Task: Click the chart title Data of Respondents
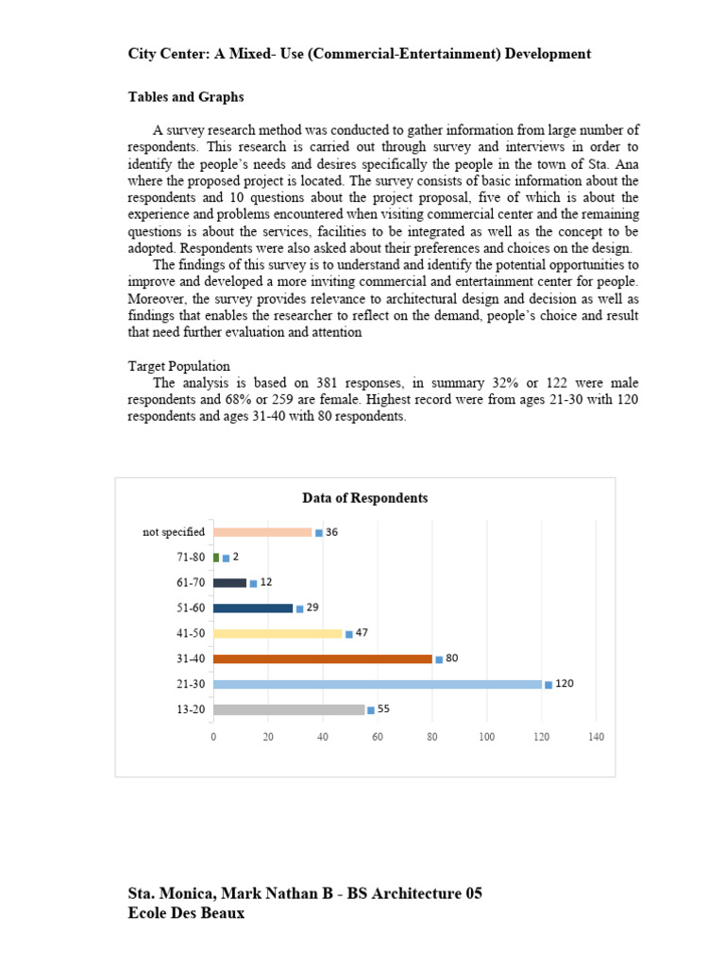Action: click(364, 498)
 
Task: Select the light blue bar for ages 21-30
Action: click(378, 684)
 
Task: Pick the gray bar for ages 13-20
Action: click(289, 709)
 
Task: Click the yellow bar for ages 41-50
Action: click(278, 634)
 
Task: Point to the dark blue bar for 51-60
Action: click(253, 608)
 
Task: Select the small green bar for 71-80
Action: click(216, 558)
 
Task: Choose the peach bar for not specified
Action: click(262, 532)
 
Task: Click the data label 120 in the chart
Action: click(564, 683)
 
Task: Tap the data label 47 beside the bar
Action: click(362, 633)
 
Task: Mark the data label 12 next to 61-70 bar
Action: click(265, 582)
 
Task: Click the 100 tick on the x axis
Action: click(486, 736)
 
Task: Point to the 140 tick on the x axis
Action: click(596, 736)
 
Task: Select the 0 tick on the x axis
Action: click(213, 736)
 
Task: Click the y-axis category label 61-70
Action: click(192, 583)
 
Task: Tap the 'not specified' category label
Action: click(174, 532)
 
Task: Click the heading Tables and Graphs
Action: click(186, 97)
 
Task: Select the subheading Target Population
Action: click(179, 366)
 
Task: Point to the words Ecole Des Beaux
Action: click(186, 913)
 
